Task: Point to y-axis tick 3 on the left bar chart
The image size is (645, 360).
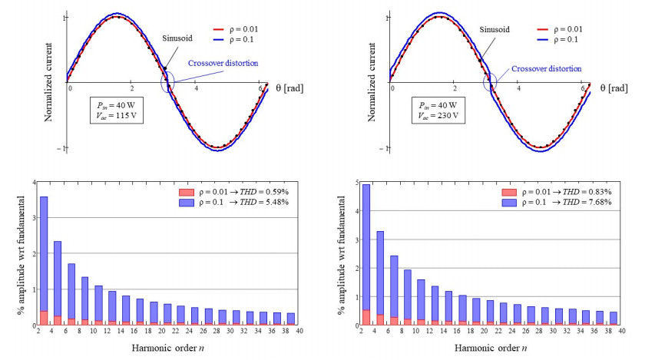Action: [34, 218]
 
